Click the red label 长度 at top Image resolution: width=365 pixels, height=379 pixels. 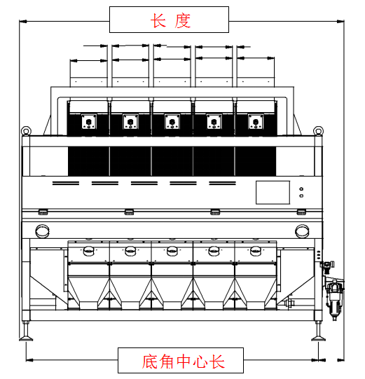170,20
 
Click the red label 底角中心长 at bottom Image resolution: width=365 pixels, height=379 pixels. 183,361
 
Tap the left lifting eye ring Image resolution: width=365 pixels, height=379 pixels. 26,131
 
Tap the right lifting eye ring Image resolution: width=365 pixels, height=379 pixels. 318,131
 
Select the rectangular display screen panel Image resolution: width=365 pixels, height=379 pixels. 273,193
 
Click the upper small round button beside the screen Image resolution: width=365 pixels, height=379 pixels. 301,189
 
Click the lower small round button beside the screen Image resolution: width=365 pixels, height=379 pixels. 301,195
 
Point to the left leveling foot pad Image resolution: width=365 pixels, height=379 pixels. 26,338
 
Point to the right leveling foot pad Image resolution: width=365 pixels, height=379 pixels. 318,338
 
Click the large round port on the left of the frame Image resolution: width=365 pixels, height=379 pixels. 43,231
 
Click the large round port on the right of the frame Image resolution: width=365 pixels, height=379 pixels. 302,231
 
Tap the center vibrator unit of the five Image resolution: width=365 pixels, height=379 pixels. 172,122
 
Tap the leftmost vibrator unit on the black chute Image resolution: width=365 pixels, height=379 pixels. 89,122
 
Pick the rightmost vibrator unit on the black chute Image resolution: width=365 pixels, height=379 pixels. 256,122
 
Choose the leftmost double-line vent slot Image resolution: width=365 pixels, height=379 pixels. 66,184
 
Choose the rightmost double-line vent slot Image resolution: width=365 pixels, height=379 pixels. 222,184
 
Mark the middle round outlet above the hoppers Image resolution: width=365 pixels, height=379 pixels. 172,251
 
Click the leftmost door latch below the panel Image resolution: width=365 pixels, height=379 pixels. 43,212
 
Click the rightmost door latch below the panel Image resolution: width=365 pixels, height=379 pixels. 301,212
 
